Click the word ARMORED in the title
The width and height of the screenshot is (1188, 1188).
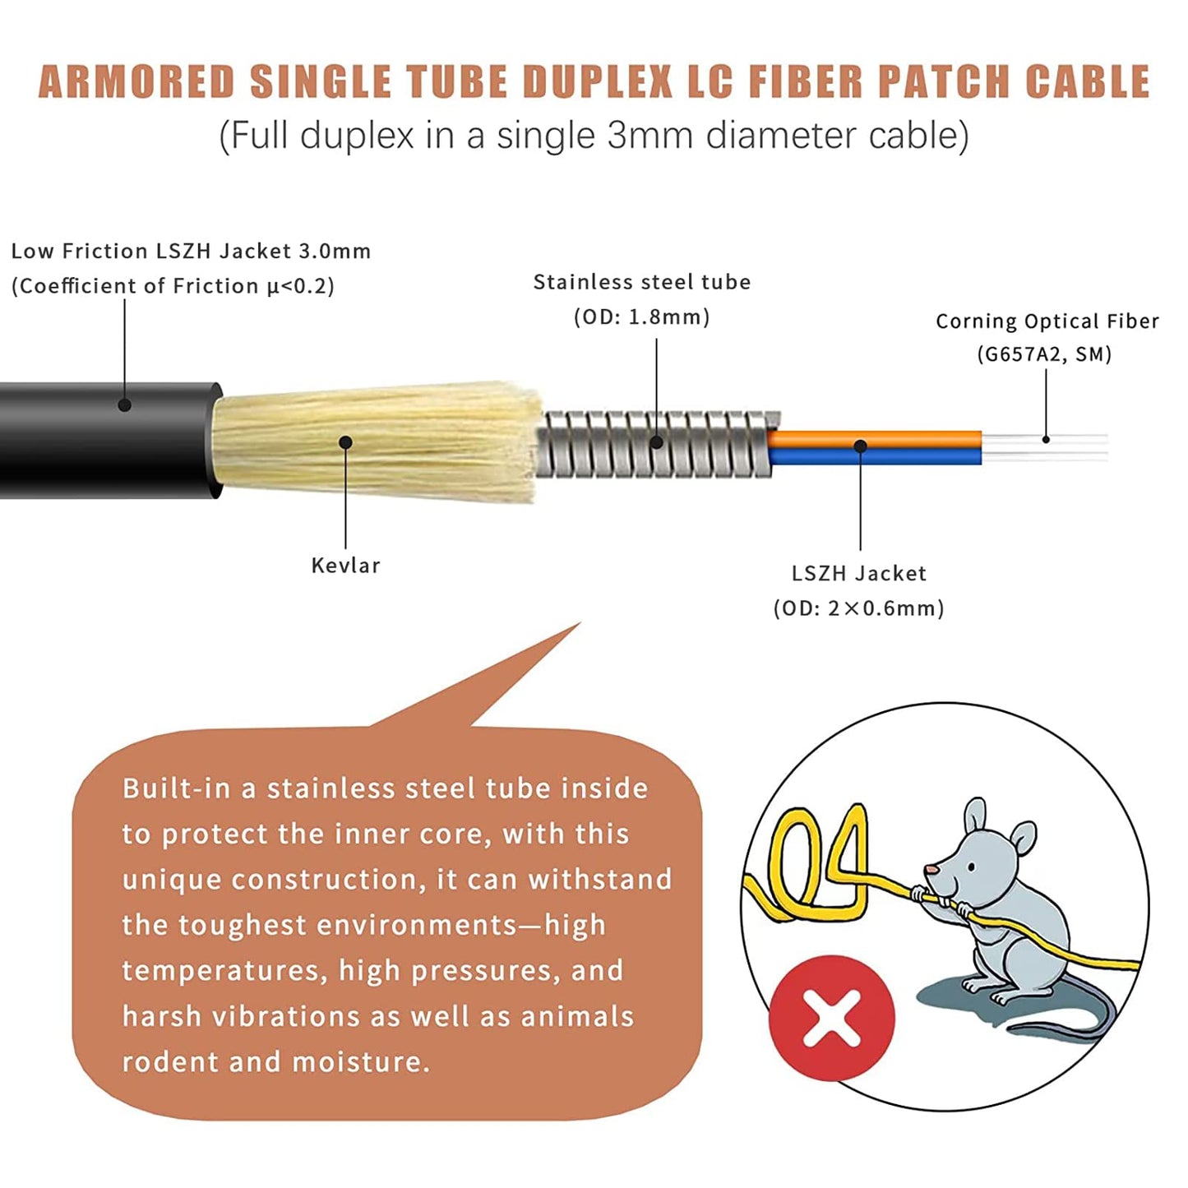point(136,82)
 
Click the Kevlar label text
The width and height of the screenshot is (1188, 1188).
point(345,566)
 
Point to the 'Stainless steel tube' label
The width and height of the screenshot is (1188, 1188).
point(642,283)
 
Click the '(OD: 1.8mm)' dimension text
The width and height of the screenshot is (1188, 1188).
point(642,317)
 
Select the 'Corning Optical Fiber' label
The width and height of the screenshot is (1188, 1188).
point(1047,321)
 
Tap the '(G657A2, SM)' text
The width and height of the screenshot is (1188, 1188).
point(1044,354)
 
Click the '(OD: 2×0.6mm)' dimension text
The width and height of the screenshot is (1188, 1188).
point(859,608)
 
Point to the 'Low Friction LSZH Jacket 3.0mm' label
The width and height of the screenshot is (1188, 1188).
point(191,252)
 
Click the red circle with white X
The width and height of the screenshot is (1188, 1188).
point(831,1018)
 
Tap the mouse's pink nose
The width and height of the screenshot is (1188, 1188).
point(931,869)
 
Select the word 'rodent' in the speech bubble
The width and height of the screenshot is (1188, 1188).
point(170,1062)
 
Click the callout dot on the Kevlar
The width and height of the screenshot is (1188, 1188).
point(345,443)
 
